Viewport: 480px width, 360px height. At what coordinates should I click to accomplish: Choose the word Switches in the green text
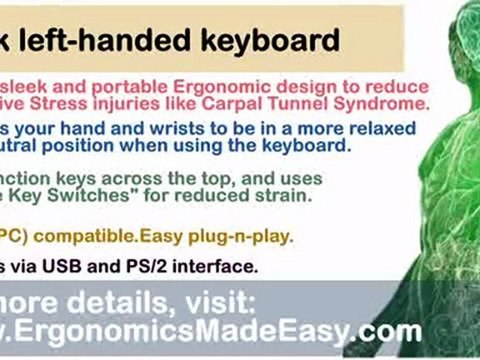[x=99, y=196]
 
